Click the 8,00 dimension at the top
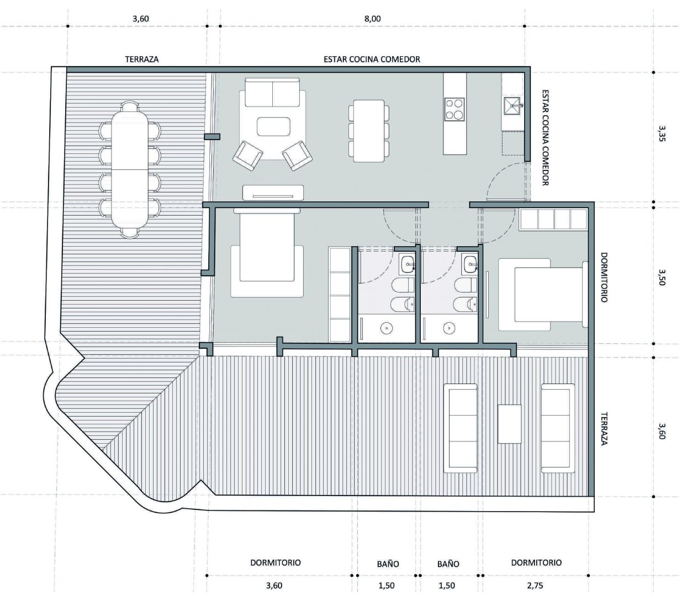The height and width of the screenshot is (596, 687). point(372,19)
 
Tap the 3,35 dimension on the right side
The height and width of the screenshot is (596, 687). point(662,134)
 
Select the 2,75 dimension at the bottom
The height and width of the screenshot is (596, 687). point(535,586)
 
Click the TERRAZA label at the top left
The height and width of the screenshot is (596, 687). point(142,60)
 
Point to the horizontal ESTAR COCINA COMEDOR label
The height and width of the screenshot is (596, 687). point(372,60)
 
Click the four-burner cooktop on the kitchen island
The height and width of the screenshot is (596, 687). point(455,109)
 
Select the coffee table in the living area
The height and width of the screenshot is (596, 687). point(273,126)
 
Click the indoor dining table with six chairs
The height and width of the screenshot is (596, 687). point(369,131)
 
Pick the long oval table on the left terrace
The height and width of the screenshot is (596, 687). point(130,169)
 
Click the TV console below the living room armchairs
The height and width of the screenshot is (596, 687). point(273,193)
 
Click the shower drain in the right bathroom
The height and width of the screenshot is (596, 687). point(448,328)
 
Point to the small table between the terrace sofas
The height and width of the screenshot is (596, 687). point(509,424)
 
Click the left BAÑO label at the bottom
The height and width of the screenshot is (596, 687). point(388,564)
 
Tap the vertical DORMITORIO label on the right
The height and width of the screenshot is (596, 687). point(604,278)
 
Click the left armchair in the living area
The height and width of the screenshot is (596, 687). point(248,156)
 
